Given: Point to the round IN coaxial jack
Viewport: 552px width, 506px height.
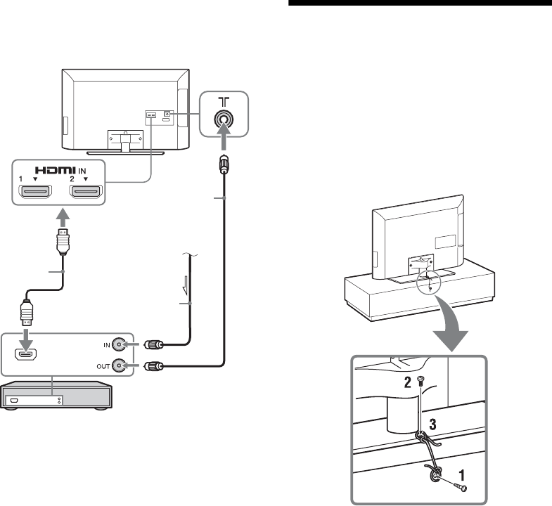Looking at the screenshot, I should (124, 345).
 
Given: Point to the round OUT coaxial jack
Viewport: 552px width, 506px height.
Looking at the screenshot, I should (124, 365).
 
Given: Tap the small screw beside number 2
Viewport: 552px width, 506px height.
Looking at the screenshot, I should (420, 382).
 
